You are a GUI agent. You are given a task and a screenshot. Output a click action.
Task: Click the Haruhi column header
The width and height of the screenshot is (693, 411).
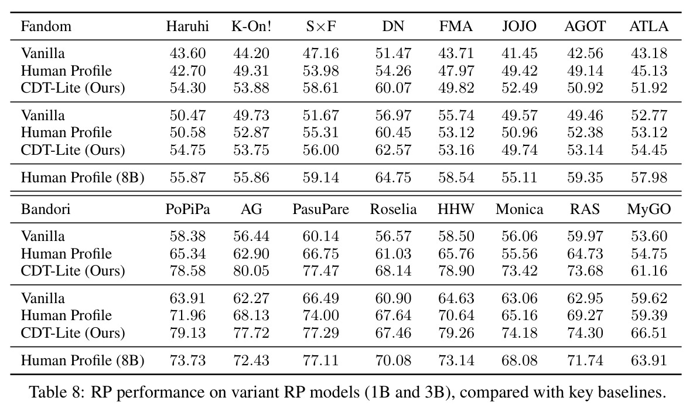pyautogui.click(x=187, y=26)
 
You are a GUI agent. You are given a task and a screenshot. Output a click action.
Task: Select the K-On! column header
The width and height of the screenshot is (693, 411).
pyautogui.click(x=251, y=26)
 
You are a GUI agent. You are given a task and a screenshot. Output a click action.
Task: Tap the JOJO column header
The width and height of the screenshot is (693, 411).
pyautogui.click(x=519, y=26)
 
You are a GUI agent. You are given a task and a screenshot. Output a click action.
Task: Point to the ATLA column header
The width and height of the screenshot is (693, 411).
pyautogui.click(x=649, y=26)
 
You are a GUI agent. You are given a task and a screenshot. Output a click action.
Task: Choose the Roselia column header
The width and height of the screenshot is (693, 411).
pyautogui.click(x=393, y=209)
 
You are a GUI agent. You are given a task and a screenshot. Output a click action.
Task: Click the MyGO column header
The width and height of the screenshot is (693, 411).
pyautogui.click(x=649, y=209)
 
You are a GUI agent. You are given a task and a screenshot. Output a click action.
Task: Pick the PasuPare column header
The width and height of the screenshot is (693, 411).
pyautogui.click(x=321, y=209)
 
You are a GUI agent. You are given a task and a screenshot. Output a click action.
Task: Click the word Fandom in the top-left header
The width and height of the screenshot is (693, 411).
pyautogui.click(x=46, y=26)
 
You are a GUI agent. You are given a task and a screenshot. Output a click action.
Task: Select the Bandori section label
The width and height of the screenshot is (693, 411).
pyautogui.click(x=46, y=209)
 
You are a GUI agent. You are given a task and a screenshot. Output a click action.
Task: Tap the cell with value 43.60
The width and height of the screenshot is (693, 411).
pyautogui.click(x=188, y=53)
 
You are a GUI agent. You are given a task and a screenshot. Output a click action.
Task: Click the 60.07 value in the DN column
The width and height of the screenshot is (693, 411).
pyautogui.click(x=393, y=87)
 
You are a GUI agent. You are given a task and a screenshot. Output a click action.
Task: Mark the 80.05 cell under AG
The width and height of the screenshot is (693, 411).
pyautogui.click(x=251, y=270)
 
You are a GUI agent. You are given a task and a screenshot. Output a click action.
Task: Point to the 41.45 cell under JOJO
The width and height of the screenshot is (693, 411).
pyautogui.click(x=519, y=53)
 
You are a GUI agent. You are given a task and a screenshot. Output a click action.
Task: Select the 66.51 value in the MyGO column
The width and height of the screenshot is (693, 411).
pyautogui.click(x=649, y=332)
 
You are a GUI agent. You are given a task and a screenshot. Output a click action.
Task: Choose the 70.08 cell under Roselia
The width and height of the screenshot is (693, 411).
pyautogui.click(x=393, y=360)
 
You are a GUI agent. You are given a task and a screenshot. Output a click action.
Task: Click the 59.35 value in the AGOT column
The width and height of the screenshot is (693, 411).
pyautogui.click(x=585, y=178)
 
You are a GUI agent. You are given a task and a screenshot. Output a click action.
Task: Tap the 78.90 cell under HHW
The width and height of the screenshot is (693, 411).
pyautogui.click(x=456, y=270)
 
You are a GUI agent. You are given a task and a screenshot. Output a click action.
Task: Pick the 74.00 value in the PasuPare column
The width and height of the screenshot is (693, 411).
pyautogui.click(x=321, y=315)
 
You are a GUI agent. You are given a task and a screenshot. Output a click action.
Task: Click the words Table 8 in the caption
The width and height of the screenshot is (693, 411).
pyautogui.click(x=56, y=392)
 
